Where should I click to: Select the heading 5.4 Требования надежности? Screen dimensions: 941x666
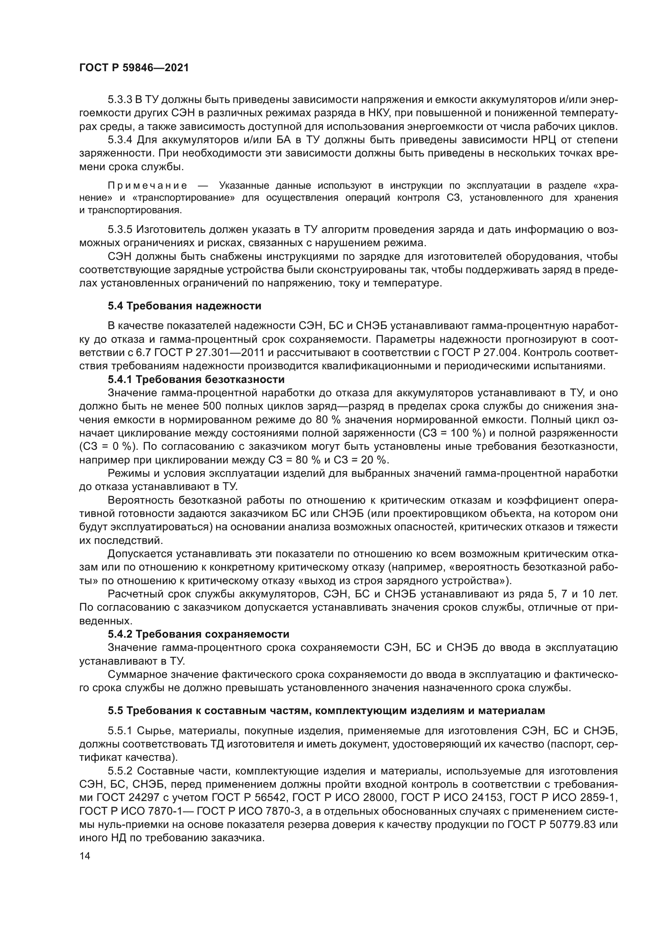point(184,306)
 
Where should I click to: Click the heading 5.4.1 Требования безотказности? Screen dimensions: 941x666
point(196,379)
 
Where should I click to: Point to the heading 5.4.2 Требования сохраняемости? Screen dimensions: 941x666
point(199,634)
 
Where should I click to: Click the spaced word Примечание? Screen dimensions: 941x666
point(148,185)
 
